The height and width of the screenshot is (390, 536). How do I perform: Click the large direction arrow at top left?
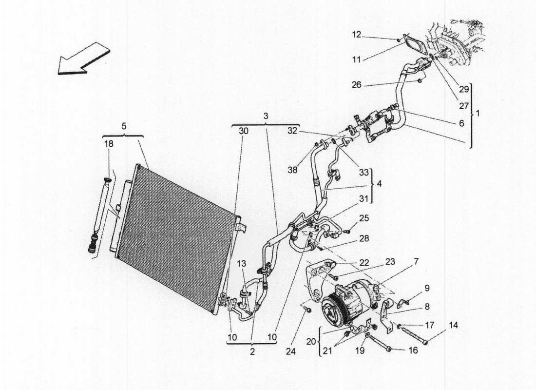[83, 58]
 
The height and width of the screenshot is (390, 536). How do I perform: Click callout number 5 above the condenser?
[123, 125]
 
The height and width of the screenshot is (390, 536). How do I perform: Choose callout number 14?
[453, 325]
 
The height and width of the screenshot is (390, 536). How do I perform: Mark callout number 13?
[242, 264]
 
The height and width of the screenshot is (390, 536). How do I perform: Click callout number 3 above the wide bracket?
[266, 116]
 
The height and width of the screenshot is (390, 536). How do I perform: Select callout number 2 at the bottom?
[251, 352]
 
